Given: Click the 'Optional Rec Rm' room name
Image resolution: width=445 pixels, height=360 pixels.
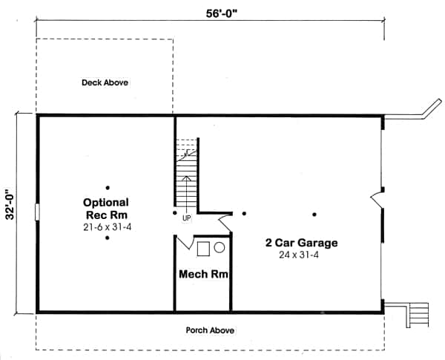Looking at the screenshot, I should pyautogui.click(x=106, y=208).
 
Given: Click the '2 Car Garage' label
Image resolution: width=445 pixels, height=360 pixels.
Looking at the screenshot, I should pyautogui.click(x=302, y=243).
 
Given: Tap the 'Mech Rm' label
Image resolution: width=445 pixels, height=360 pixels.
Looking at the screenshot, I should pyautogui.click(x=202, y=274).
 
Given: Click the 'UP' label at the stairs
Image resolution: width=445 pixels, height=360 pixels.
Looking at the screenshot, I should pyautogui.click(x=186, y=218).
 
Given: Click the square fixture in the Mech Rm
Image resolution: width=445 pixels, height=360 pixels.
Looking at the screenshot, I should pyautogui.click(x=203, y=249).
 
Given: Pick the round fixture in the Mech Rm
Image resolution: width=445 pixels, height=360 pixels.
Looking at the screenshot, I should pyautogui.click(x=220, y=249).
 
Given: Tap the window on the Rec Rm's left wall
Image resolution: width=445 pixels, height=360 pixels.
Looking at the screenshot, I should pyautogui.click(x=36, y=213).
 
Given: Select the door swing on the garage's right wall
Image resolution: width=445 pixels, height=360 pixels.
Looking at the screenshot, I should pyautogui.click(x=376, y=199).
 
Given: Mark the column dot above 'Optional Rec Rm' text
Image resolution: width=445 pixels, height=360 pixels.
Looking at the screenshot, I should pyautogui.click(x=108, y=187).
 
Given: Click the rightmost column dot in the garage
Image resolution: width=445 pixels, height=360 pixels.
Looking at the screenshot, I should pyautogui.click(x=314, y=215).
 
